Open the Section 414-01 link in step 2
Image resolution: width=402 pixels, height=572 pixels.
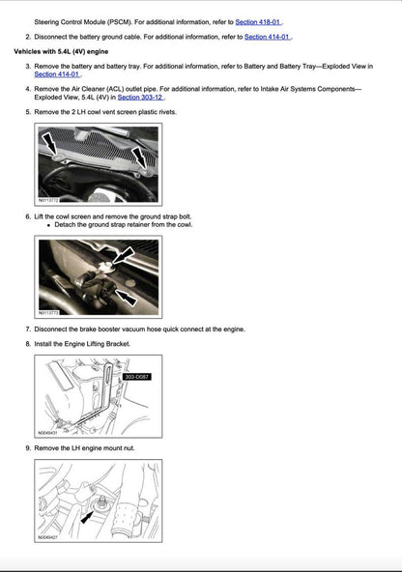click(268, 37)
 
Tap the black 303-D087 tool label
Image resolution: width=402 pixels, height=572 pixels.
click(136, 377)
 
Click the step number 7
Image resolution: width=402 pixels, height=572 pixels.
click(27, 329)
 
